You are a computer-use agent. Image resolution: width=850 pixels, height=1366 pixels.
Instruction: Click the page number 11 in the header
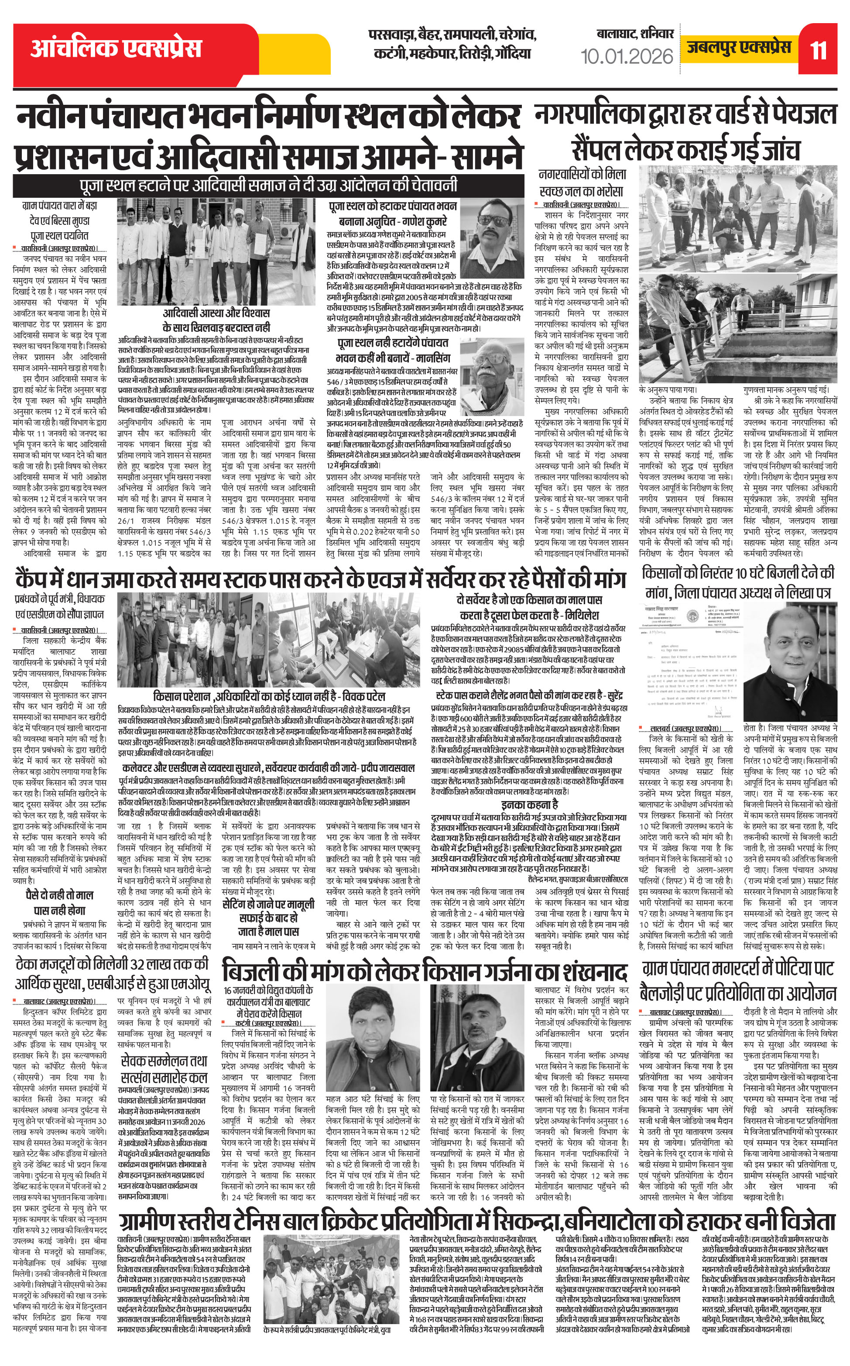[x=818, y=51]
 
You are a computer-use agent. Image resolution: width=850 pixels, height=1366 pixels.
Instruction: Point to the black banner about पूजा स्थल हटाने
[x=268, y=185]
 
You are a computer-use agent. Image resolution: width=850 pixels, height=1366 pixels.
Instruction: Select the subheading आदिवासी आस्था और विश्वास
[x=216, y=320]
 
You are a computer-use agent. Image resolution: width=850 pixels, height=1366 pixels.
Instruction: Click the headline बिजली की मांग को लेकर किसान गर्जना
[x=425, y=972]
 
